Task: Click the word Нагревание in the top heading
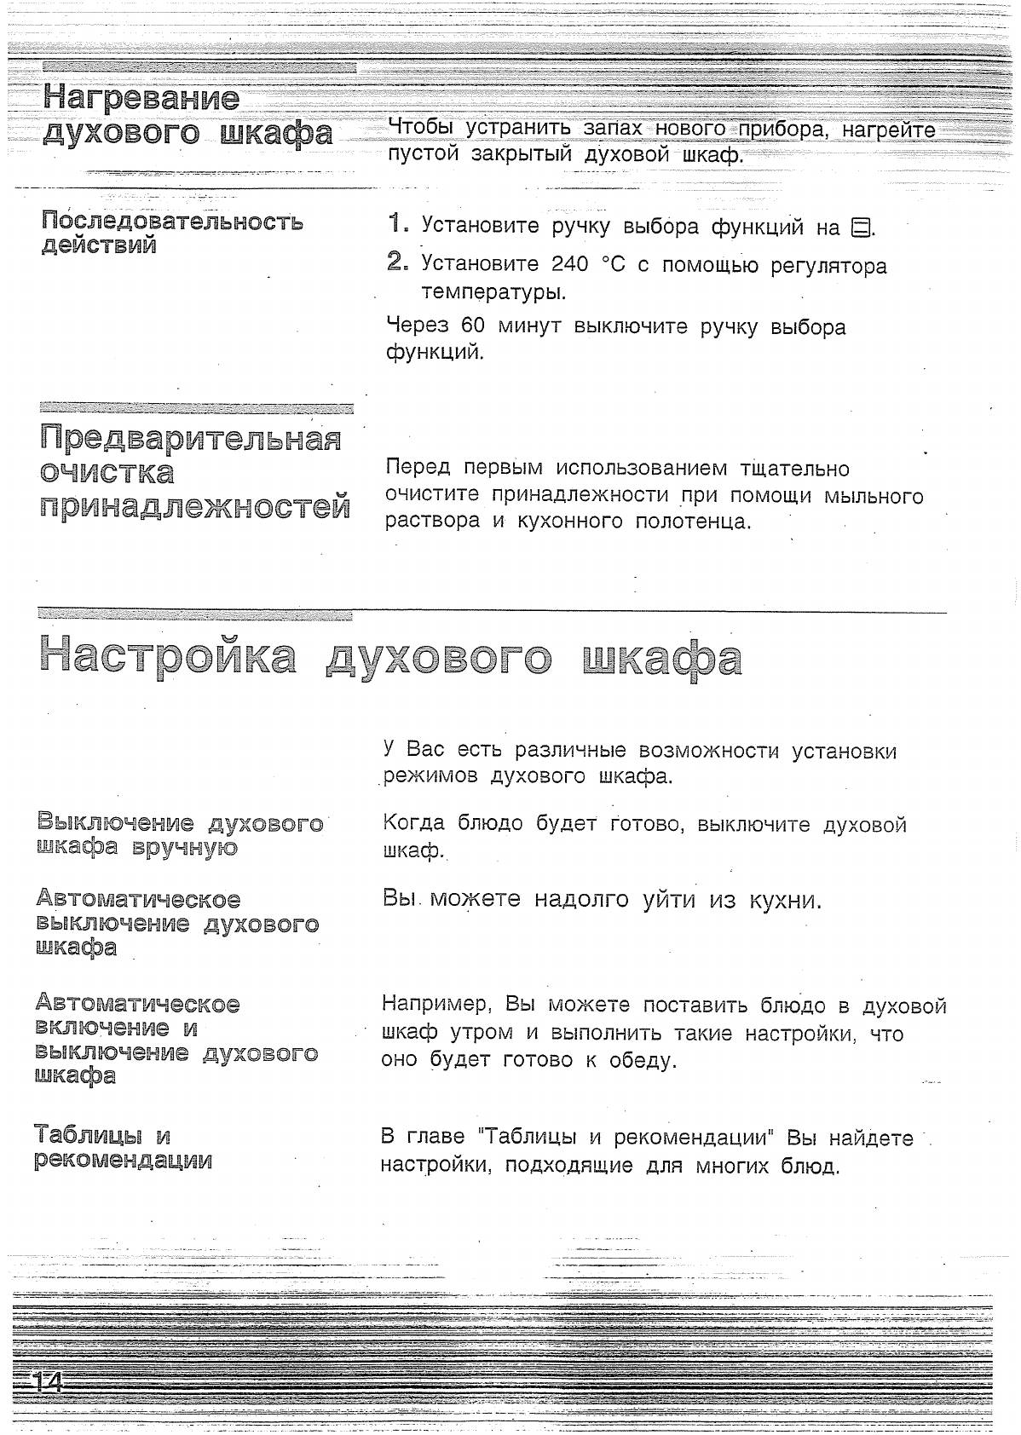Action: [x=141, y=98]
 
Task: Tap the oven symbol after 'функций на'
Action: [x=862, y=228]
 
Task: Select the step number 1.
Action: [x=396, y=225]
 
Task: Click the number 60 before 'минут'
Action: [x=472, y=326]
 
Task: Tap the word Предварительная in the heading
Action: [x=190, y=440]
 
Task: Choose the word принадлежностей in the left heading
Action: [x=195, y=507]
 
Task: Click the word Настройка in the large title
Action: [x=168, y=658]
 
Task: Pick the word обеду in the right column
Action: [x=642, y=1061]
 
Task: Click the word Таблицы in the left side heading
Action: [x=89, y=1136]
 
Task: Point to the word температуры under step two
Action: [x=493, y=292]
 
